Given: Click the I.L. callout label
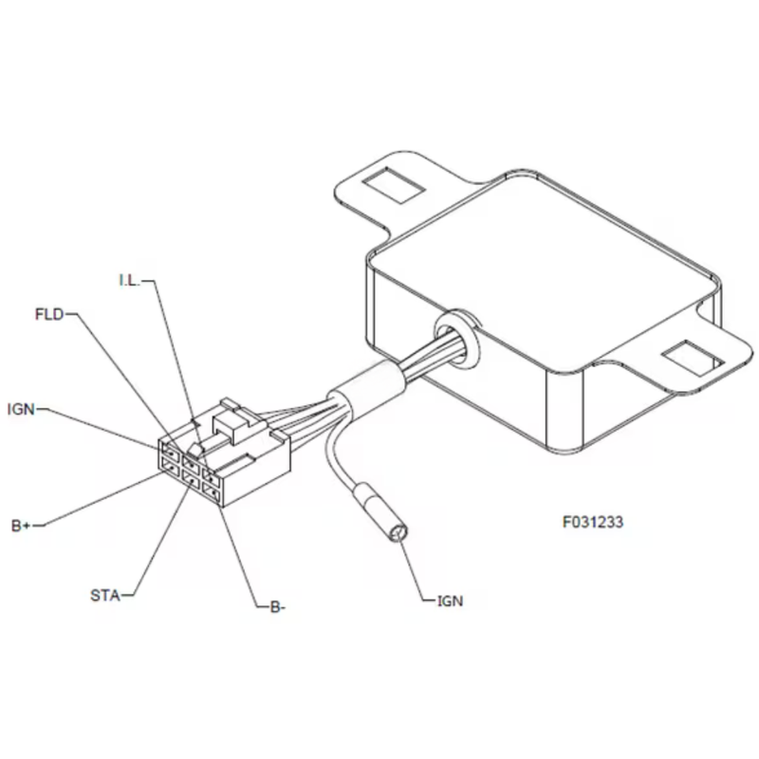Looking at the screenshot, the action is [x=130, y=280].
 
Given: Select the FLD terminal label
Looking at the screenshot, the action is [x=49, y=315].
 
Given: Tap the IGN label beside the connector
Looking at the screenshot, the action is [x=21, y=410].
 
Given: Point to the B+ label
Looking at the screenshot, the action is [x=21, y=526].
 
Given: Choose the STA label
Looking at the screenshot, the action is [x=105, y=596].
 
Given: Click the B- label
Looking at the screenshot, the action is [x=277, y=607].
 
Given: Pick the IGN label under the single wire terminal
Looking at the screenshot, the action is [x=450, y=602].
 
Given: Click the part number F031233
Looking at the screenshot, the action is [x=593, y=523].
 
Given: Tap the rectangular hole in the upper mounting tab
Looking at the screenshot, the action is [x=393, y=185].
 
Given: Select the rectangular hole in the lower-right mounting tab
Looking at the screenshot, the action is [x=693, y=358].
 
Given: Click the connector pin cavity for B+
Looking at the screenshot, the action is [x=171, y=467].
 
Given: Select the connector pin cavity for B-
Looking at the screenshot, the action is [x=211, y=493].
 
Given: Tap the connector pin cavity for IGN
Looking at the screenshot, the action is [x=171, y=449].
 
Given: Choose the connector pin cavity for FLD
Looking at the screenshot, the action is [x=191, y=463].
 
